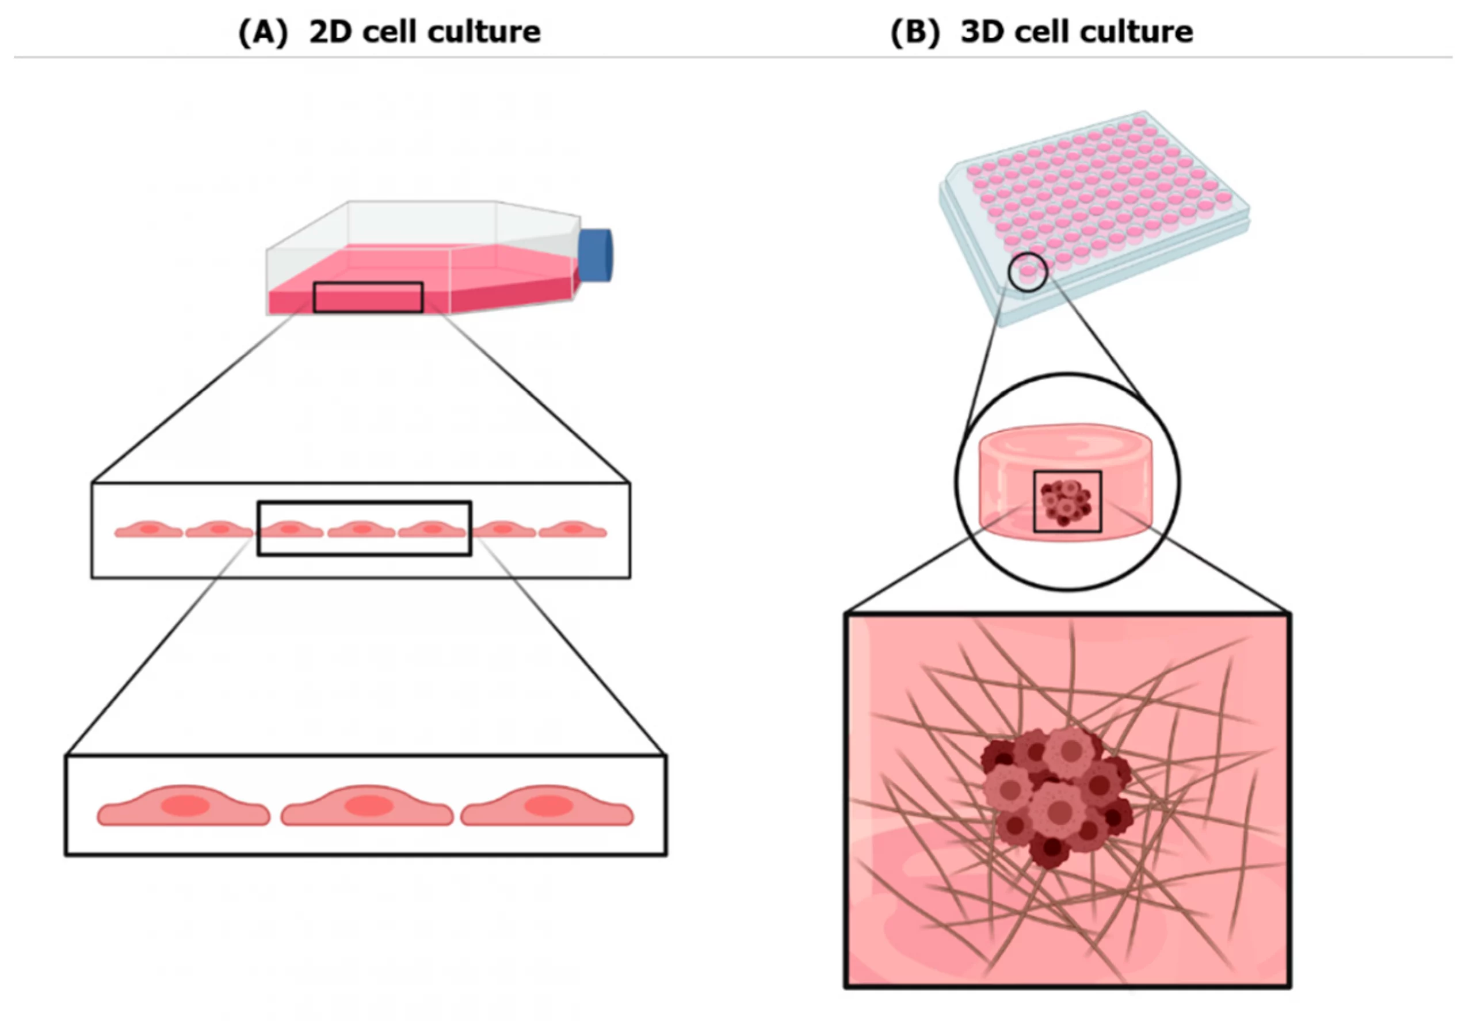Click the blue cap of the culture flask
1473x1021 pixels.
(595, 255)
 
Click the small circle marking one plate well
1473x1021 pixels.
(1028, 272)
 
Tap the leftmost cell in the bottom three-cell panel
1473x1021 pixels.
(183, 808)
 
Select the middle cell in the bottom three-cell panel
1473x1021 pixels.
(367, 808)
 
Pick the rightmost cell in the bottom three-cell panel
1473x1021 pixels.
(547, 808)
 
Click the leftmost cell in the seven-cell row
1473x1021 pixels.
(148, 530)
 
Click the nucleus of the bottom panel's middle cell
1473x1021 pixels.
(369, 805)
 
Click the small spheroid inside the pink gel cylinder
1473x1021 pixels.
(1066, 502)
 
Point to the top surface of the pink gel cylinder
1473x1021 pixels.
(1066, 441)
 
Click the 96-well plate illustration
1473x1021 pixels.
(1094, 205)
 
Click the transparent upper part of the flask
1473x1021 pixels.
(422, 224)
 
